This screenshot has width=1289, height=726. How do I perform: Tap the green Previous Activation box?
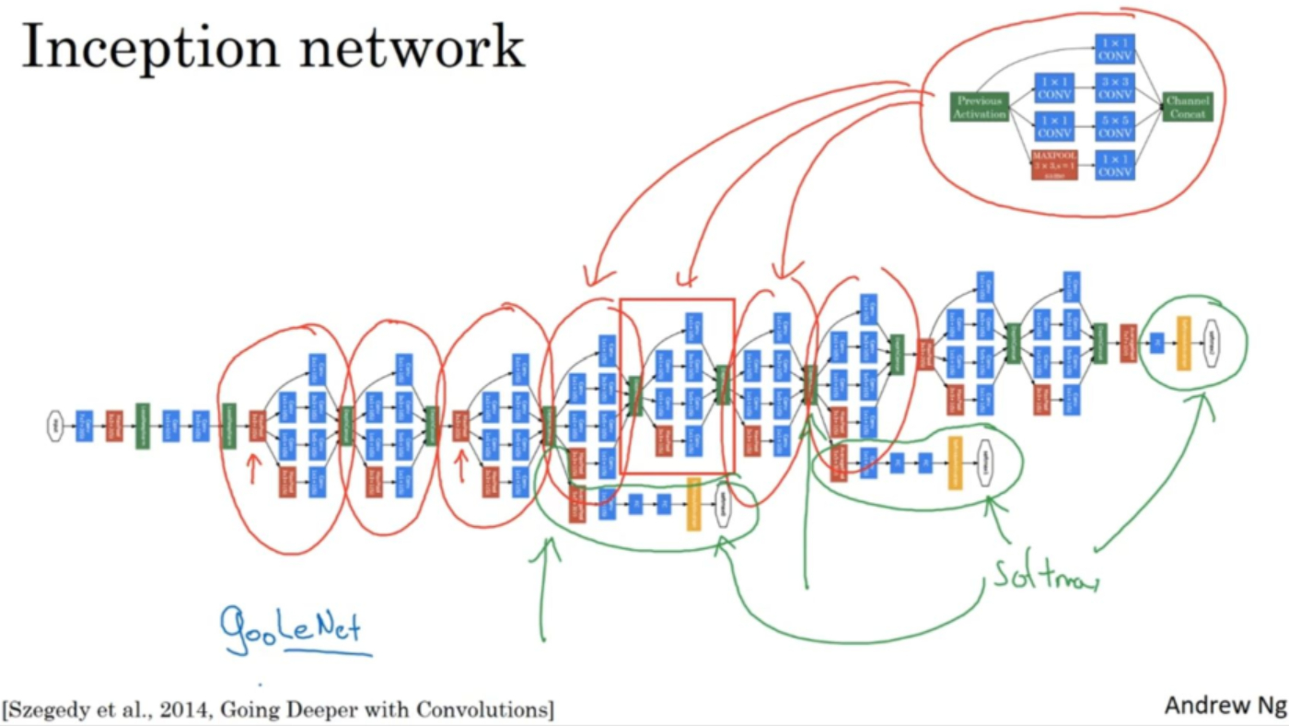pos(980,106)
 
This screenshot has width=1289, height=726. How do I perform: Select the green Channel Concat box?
pos(1188,106)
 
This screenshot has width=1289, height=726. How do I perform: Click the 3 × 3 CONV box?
pos(1115,88)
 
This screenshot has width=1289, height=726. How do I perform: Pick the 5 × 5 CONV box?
pos(1115,126)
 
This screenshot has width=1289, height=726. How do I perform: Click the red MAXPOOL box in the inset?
pos(1054,164)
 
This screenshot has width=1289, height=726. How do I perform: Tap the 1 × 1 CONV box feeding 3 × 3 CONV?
pos(1054,88)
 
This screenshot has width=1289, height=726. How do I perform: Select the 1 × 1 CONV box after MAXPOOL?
pos(1115,164)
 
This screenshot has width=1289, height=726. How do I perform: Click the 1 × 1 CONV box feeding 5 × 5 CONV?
pos(1054,126)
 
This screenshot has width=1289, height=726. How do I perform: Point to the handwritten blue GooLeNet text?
pos(291,630)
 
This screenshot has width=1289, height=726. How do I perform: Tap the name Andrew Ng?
pos(1224,706)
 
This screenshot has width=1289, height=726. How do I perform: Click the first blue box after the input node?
pos(85,426)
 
